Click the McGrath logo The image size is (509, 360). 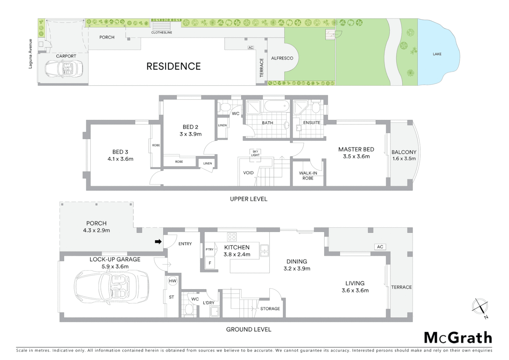(458, 338)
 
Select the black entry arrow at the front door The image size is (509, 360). (158, 242)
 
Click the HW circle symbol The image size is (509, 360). (173, 281)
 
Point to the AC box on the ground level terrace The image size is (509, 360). (380, 247)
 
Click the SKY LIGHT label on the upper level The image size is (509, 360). (255, 153)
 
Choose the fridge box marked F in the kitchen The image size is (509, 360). (210, 263)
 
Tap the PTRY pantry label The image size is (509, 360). (210, 249)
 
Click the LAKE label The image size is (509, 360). (437, 54)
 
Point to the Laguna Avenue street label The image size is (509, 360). (30, 54)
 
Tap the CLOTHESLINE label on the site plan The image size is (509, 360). (162, 32)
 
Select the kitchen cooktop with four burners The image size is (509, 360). (232, 237)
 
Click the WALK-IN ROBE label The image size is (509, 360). (308, 175)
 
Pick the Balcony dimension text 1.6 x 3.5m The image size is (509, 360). (404, 159)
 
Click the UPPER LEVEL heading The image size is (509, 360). (249, 199)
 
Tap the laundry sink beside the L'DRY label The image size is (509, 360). (215, 311)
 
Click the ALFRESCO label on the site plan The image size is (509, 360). (282, 58)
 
